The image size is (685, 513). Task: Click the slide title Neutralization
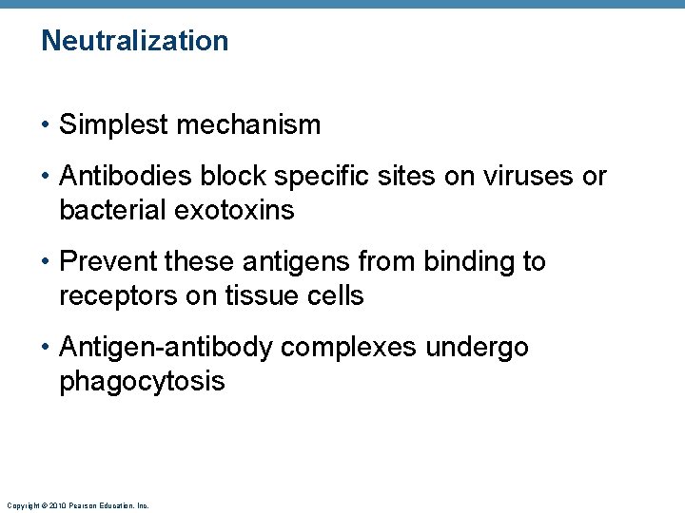pyautogui.click(x=135, y=41)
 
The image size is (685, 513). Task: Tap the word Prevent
pyautogui.click(x=108, y=261)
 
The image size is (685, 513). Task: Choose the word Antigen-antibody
pyautogui.click(x=166, y=348)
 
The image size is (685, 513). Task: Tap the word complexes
pyautogui.click(x=349, y=348)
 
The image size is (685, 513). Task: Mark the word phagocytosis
pyautogui.click(x=142, y=382)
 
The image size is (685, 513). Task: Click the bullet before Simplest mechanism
pyautogui.click(x=47, y=125)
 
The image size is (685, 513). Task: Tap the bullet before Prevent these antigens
pyautogui.click(x=47, y=262)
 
